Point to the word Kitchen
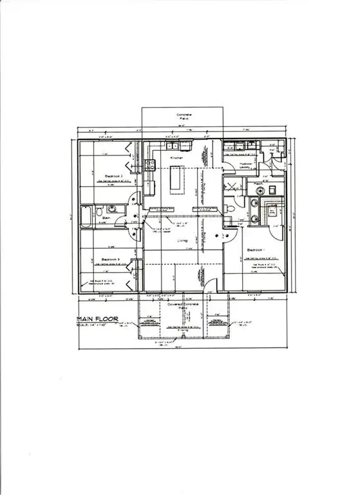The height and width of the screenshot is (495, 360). [x=177, y=158]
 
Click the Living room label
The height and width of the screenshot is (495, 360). [x=183, y=241]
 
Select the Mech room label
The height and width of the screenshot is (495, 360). [x=258, y=184]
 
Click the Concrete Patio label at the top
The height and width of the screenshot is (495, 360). [x=183, y=118]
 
